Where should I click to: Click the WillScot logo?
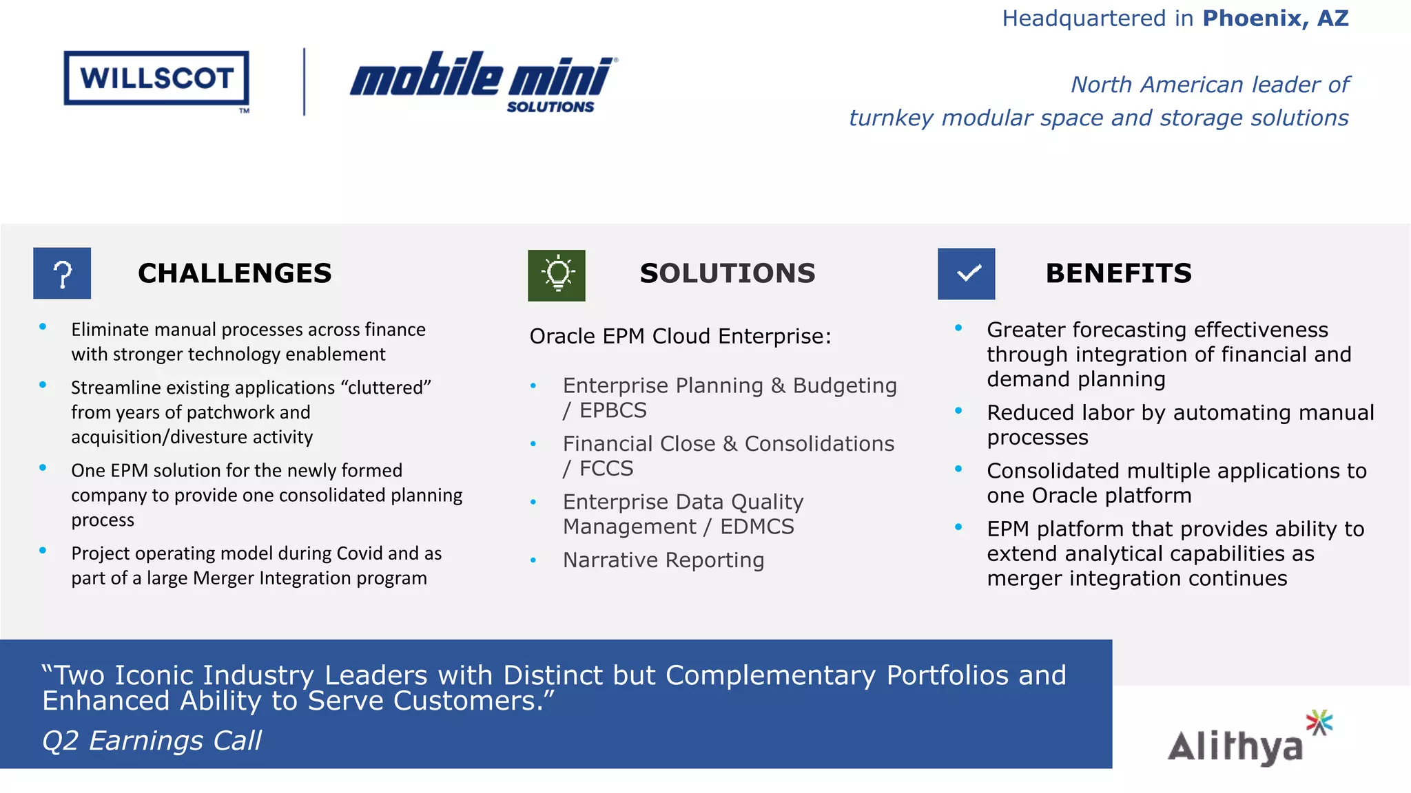(156, 78)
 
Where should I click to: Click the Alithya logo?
(1248, 740)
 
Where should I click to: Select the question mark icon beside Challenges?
(62, 273)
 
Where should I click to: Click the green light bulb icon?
(557, 275)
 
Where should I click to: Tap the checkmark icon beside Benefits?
(966, 274)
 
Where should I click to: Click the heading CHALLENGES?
(234, 273)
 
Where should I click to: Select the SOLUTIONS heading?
(727, 273)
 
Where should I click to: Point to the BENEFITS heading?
(1118, 273)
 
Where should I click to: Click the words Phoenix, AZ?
(1275, 19)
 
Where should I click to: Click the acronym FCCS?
(606, 469)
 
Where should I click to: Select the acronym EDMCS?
(756, 527)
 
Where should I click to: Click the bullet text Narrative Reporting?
(663, 560)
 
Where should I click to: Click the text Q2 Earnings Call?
(152, 741)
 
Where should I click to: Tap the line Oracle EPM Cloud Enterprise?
(680, 336)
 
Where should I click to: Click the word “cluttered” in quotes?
(386, 388)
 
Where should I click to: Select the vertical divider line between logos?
(304, 81)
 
